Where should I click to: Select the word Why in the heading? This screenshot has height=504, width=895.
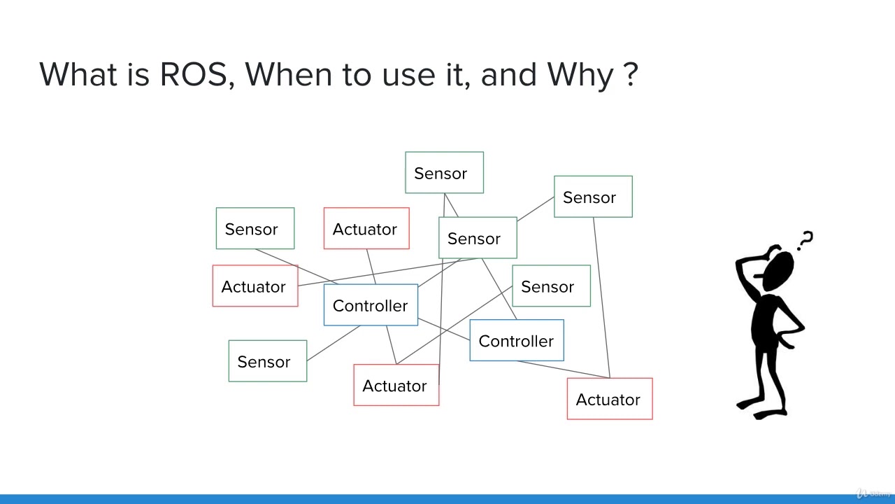click(x=580, y=74)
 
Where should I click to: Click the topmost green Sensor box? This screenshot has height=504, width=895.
click(x=444, y=173)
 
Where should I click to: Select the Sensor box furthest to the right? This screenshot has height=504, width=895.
click(x=593, y=197)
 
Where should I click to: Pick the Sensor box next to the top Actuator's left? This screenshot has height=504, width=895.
click(x=255, y=228)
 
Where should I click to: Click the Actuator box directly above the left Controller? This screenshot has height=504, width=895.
click(x=366, y=228)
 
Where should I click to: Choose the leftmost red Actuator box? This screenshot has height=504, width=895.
click(x=255, y=286)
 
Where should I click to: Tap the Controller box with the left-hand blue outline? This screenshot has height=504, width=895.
click(x=371, y=305)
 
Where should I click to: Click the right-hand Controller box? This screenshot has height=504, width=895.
click(x=517, y=341)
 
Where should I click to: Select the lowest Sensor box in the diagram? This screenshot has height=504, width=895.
click(x=267, y=361)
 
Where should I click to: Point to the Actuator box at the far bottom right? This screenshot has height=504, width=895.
click(x=610, y=399)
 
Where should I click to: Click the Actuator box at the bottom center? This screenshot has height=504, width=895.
click(x=396, y=385)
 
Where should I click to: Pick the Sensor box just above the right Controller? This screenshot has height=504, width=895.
click(x=551, y=286)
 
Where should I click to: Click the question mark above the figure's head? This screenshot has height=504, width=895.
click(x=806, y=240)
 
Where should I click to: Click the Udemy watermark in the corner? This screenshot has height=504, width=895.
click(x=874, y=493)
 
